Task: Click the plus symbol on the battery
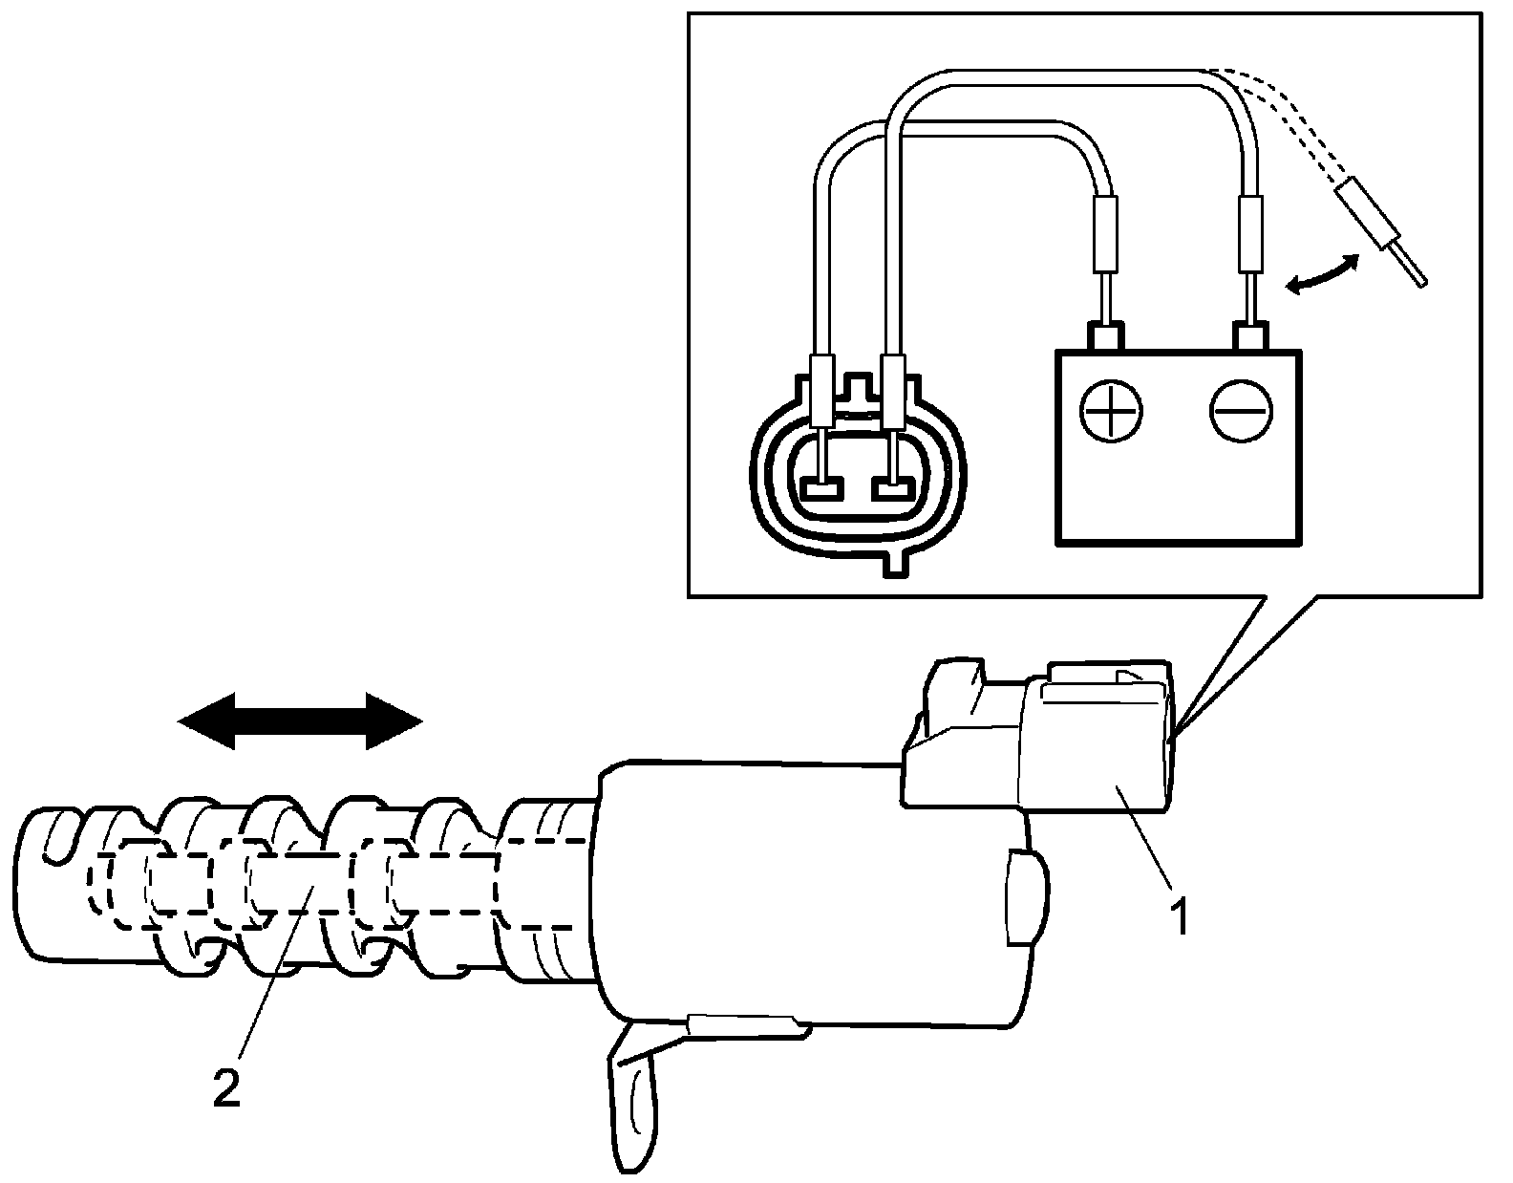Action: pyautogui.click(x=1111, y=412)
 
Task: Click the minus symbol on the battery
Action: pyautogui.click(x=1241, y=412)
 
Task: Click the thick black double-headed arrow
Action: pyautogui.click(x=300, y=721)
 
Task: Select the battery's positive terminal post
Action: pyautogui.click(x=1104, y=336)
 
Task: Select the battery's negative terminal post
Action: pyautogui.click(x=1250, y=336)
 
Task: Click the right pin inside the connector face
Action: pyautogui.click(x=893, y=490)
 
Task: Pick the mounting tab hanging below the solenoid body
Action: pyautogui.click(x=633, y=1099)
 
